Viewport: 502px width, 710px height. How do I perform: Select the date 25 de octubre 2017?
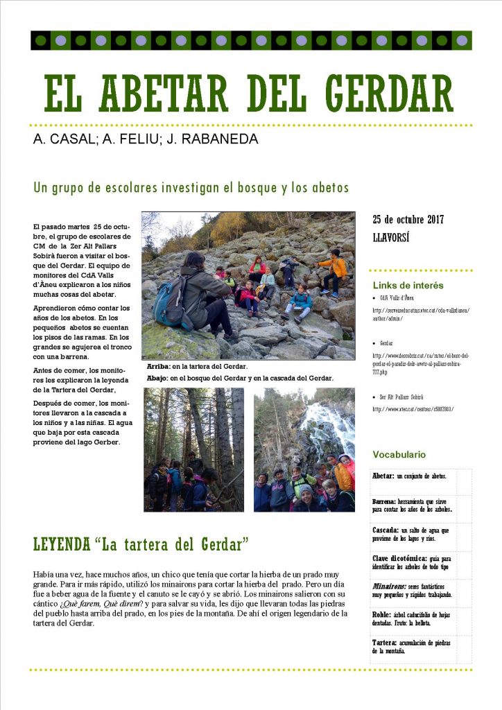408,219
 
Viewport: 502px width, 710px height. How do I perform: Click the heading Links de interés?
408,285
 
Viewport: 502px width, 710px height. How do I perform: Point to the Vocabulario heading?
399,455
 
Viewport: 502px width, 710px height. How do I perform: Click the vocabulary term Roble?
381,614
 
